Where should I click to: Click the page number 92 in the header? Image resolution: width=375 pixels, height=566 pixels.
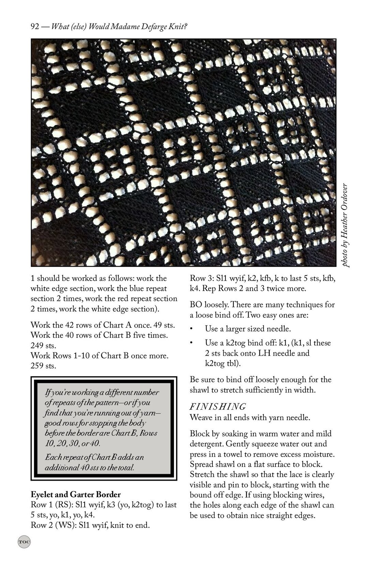[x=35, y=27]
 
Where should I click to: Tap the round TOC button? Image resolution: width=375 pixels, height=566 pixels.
[x=24, y=541]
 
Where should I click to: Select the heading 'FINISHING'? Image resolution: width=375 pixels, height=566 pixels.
[x=217, y=407]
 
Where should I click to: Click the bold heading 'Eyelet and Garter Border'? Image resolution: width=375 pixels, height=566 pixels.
[x=76, y=494]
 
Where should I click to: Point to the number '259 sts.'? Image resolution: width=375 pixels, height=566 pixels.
[x=43, y=366]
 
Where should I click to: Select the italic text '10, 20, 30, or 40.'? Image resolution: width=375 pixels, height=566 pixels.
[x=73, y=444]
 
